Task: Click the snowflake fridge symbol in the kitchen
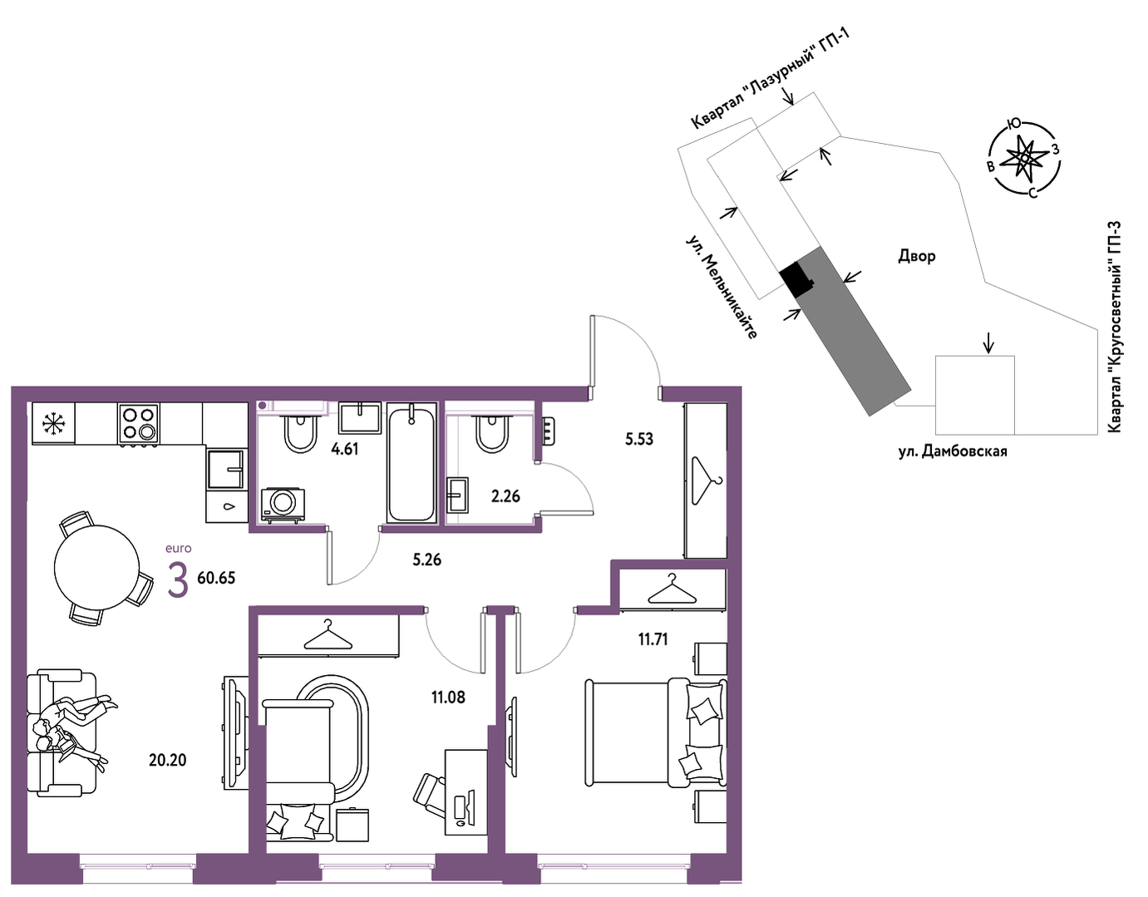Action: click(52, 423)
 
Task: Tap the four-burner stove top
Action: click(139, 422)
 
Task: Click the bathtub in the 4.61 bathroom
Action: click(412, 462)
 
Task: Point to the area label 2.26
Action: click(505, 496)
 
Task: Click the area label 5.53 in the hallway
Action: click(639, 438)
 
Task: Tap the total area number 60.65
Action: click(216, 578)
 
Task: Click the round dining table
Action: click(96, 567)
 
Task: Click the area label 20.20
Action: click(167, 760)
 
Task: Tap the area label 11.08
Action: click(449, 697)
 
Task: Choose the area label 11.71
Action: click(653, 640)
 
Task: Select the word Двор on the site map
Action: click(917, 257)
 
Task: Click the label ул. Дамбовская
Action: click(953, 451)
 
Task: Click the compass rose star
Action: click(1024, 157)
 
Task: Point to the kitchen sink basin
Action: click(226, 469)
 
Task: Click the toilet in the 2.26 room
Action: click(492, 434)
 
